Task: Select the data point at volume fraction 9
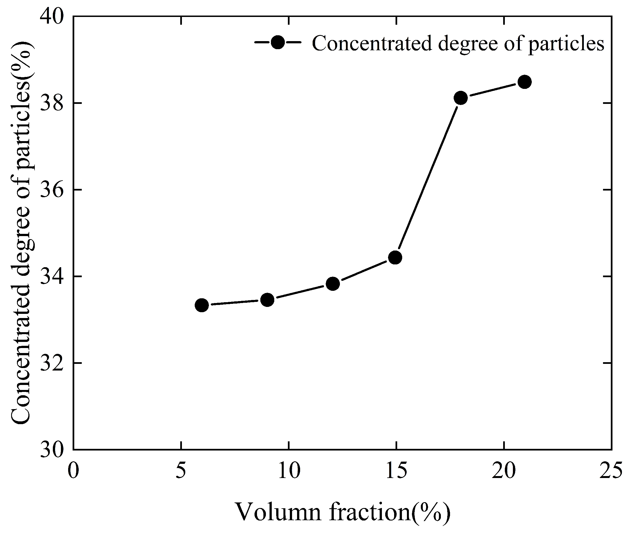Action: click(x=267, y=300)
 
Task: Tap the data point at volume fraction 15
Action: click(x=395, y=257)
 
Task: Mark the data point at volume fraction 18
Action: click(x=461, y=98)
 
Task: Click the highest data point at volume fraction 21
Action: click(x=525, y=82)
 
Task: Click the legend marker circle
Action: click(x=278, y=42)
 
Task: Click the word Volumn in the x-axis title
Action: click(x=278, y=512)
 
